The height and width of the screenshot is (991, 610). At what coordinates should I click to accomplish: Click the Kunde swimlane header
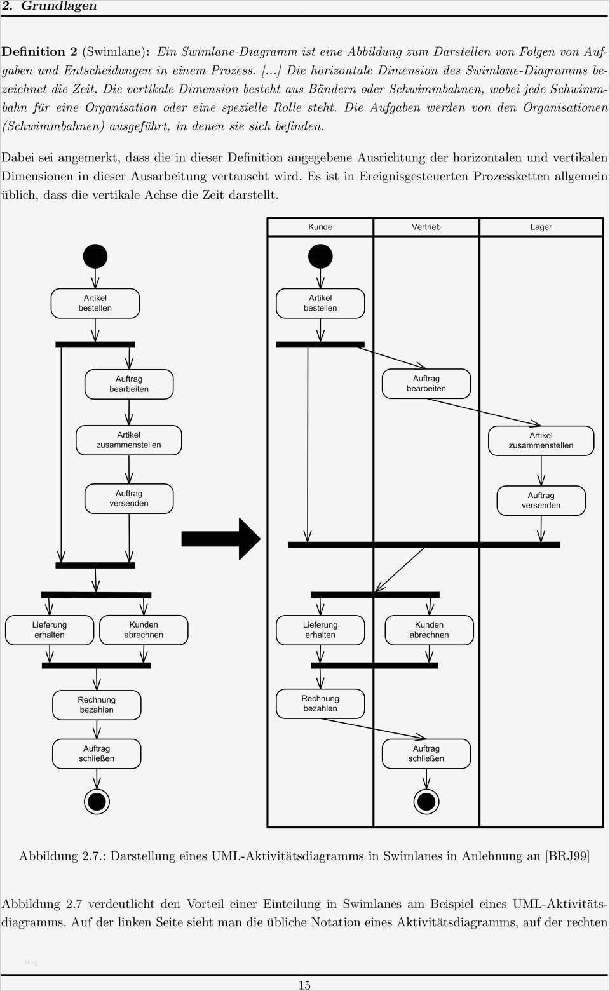tap(320, 227)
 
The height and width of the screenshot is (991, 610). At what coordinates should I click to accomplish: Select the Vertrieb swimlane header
tap(426, 227)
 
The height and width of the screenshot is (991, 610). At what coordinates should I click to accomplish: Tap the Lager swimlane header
tap(541, 227)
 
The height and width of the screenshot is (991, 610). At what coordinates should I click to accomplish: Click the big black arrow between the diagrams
tap(221, 539)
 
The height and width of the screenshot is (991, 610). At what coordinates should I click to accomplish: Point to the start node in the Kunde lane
tap(320, 257)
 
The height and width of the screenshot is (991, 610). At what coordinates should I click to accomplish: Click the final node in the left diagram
tap(97, 801)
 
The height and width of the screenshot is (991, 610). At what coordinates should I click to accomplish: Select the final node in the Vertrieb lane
tap(426, 801)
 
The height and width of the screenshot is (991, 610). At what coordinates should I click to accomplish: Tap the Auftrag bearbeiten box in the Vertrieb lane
tap(426, 384)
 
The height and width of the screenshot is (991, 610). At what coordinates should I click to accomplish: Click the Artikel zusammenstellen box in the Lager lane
tap(541, 440)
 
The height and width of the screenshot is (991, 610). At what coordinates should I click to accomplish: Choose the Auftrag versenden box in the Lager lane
tap(541, 501)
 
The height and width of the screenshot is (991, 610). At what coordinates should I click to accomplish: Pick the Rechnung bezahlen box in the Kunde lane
tap(320, 704)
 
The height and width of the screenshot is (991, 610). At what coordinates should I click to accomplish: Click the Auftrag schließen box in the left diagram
tap(97, 753)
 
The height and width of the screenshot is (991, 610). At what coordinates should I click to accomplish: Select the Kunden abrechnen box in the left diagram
tap(144, 630)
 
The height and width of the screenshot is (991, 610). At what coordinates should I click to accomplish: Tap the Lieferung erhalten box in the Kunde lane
tap(320, 630)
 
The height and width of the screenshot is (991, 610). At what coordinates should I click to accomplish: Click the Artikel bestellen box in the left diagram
tap(95, 303)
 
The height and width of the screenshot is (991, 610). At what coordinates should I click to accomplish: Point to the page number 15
tap(304, 985)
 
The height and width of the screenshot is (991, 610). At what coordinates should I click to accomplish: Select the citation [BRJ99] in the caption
tap(567, 856)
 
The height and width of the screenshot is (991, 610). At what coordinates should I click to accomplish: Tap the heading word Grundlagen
tap(59, 6)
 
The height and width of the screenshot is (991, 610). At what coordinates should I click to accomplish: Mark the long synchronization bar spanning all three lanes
tap(424, 544)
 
